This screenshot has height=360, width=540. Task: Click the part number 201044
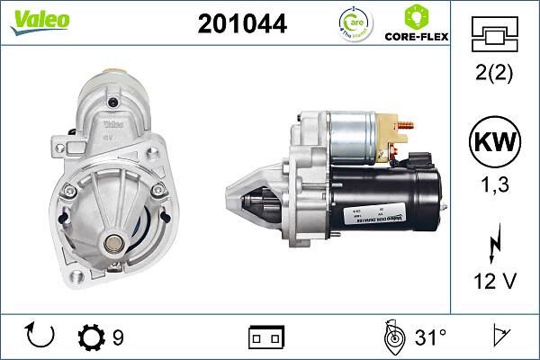241,24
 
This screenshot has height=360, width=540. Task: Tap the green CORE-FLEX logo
417,24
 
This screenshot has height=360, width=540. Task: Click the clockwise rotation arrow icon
41,337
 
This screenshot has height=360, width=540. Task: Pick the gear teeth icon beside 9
92,337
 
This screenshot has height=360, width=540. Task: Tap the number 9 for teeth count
118,337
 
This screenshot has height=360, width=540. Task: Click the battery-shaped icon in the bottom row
266,337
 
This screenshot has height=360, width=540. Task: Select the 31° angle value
430,337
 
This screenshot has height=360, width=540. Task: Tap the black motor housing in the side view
396,198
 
